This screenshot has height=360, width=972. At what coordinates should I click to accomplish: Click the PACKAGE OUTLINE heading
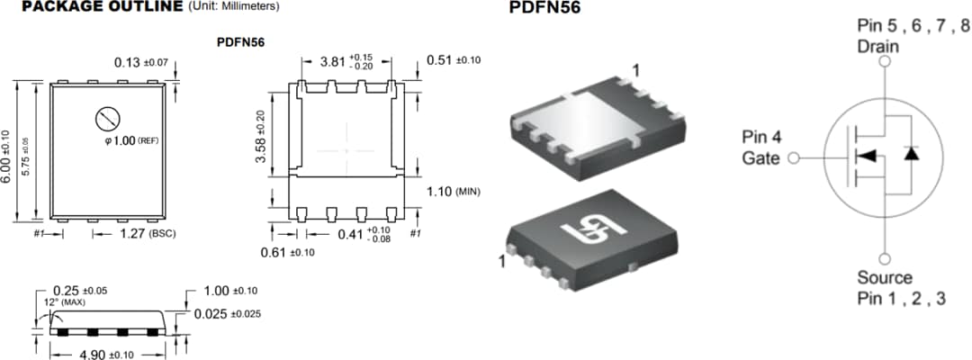[101, 6]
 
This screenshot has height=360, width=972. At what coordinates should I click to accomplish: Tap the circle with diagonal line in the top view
[107, 119]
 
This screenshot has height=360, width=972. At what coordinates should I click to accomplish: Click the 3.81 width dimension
[347, 63]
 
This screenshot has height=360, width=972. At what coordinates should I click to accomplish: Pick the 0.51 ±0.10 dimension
[454, 60]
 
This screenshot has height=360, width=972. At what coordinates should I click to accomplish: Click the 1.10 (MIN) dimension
[454, 191]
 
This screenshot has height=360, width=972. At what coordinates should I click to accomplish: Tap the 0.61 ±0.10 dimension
[287, 252]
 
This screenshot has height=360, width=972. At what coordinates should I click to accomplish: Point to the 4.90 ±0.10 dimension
[106, 354]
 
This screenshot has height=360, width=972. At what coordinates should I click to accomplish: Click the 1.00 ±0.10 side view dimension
[230, 291]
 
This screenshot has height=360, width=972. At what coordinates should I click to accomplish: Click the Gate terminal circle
[794, 159]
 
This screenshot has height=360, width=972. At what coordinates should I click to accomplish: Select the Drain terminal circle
[885, 62]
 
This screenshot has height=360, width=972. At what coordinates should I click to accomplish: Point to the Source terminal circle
[885, 256]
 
